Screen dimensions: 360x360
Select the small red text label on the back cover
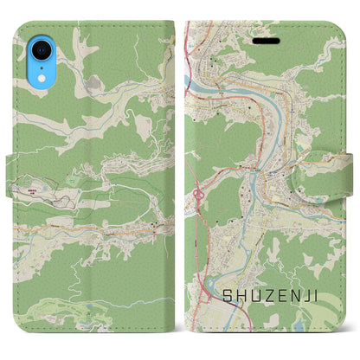coord(33,188)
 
